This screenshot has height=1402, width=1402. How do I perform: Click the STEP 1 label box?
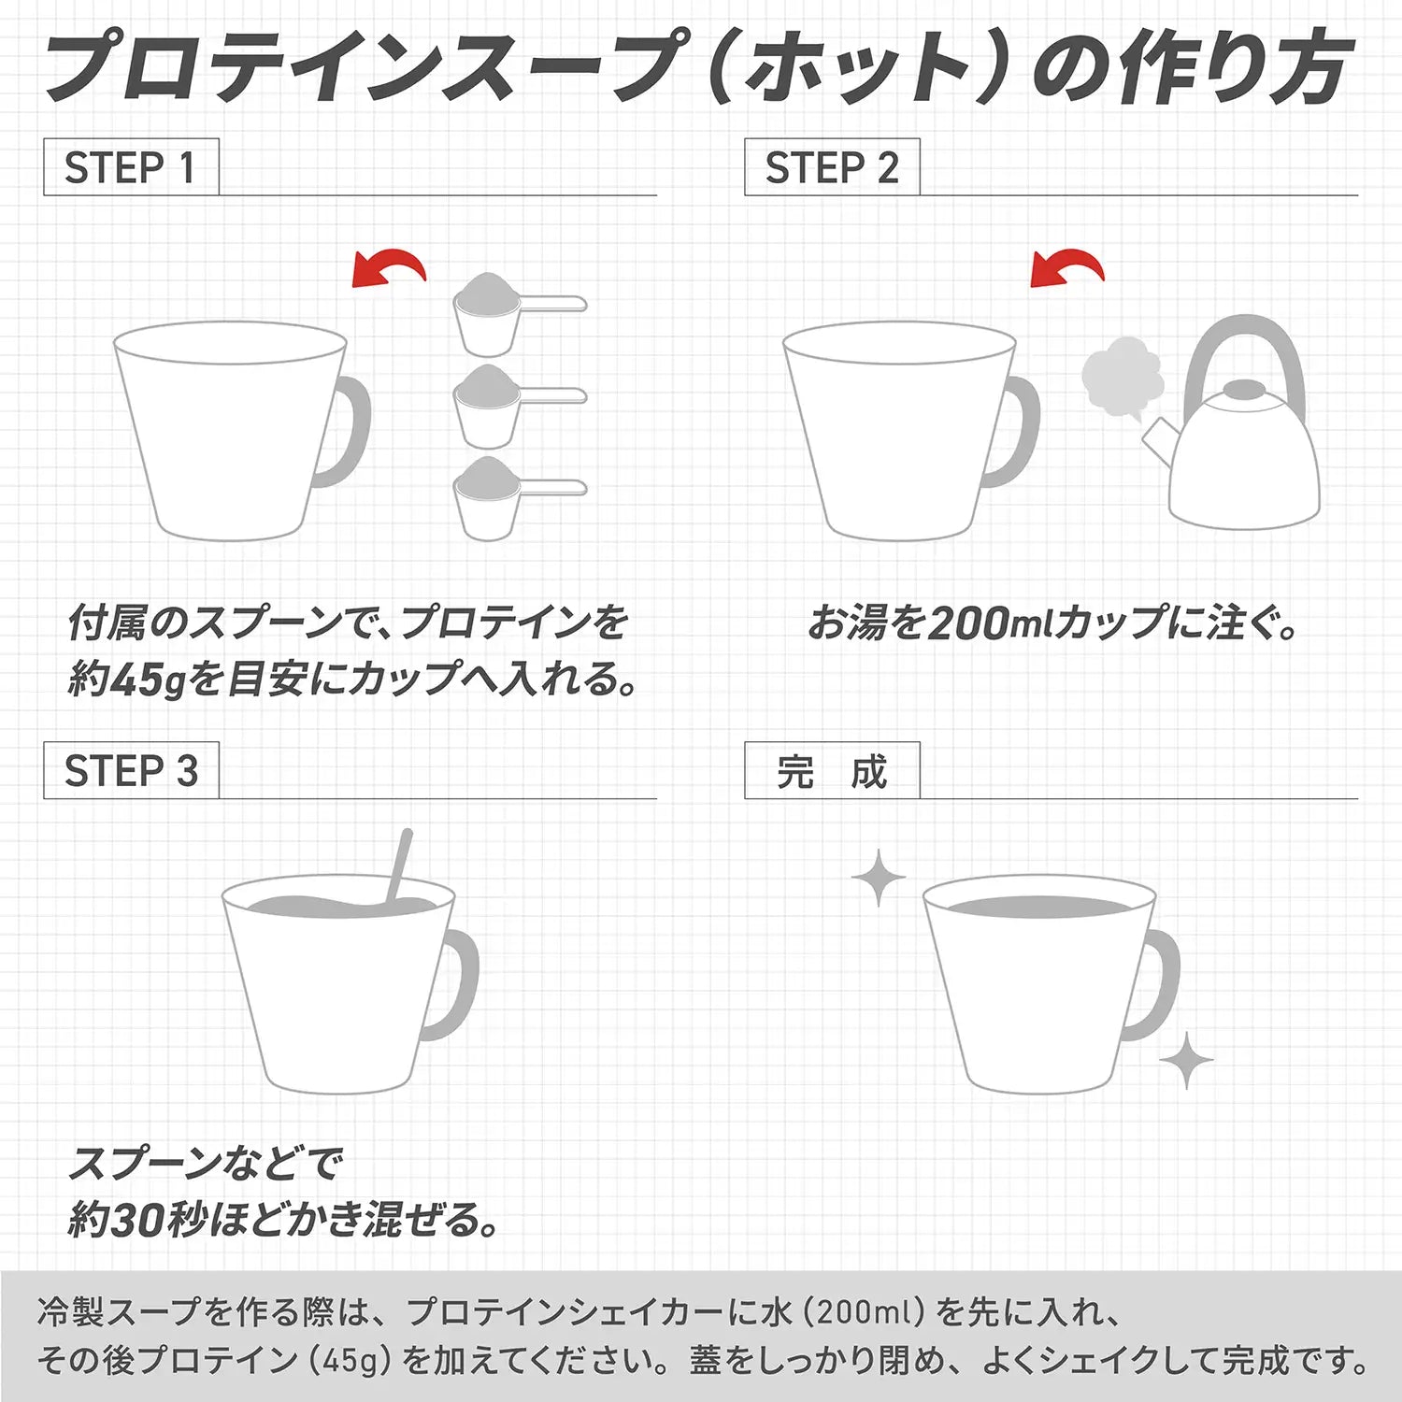pos(131,167)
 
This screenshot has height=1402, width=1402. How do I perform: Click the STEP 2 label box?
pos(832,167)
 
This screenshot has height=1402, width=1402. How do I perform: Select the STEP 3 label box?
pos(131,771)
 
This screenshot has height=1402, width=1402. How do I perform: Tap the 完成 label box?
pos(832,771)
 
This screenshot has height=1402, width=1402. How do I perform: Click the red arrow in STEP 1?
pos(391,267)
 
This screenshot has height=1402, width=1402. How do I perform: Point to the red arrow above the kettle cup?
pos(1068,267)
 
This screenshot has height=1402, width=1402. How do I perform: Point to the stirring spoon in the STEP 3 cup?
pos(400,865)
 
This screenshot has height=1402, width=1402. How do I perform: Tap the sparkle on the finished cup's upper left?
pos(879,878)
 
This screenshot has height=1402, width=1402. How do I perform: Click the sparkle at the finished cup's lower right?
pos(1186,1060)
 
